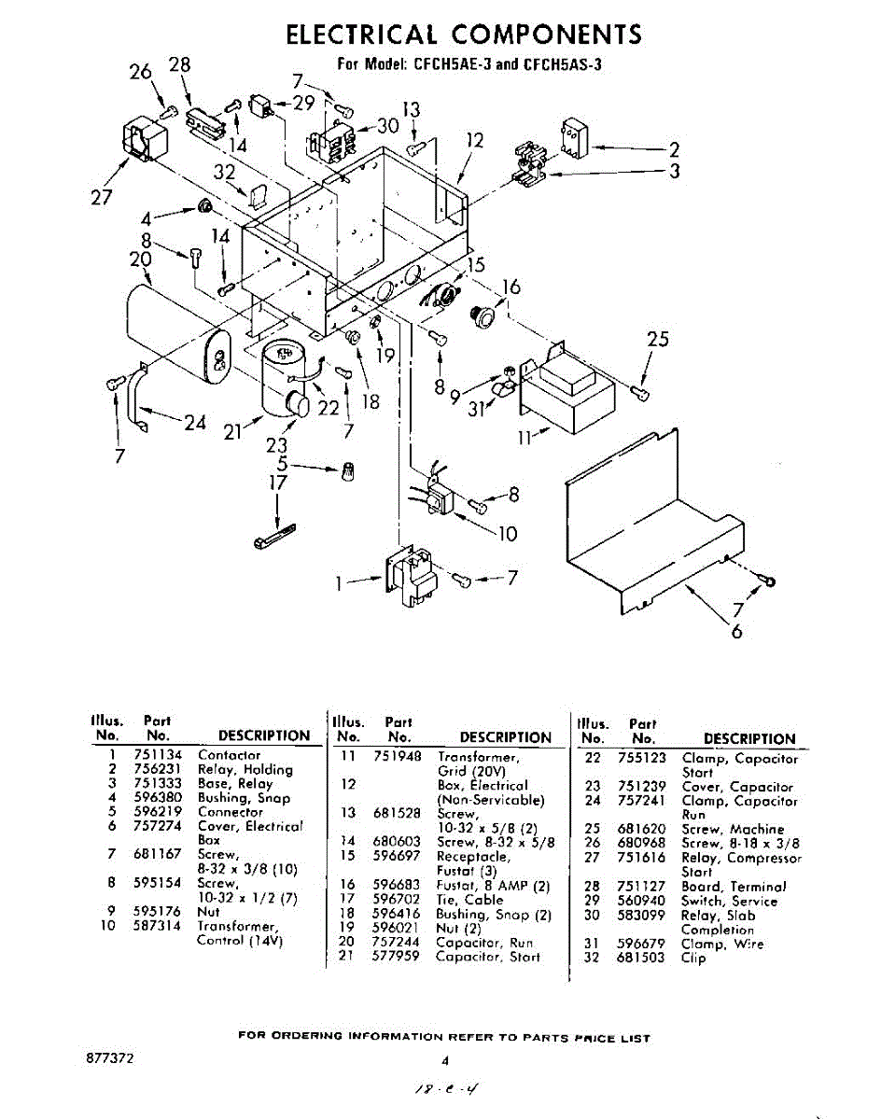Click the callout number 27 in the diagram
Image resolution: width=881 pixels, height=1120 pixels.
[x=101, y=197]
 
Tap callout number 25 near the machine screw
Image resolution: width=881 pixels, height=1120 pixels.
[x=657, y=340]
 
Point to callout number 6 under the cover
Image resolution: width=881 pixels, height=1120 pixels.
[x=737, y=631]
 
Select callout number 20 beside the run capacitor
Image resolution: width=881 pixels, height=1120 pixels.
[x=141, y=260]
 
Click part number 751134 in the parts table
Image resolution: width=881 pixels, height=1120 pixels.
[x=162, y=755]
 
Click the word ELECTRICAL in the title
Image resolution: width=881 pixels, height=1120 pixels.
[x=360, y=35]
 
